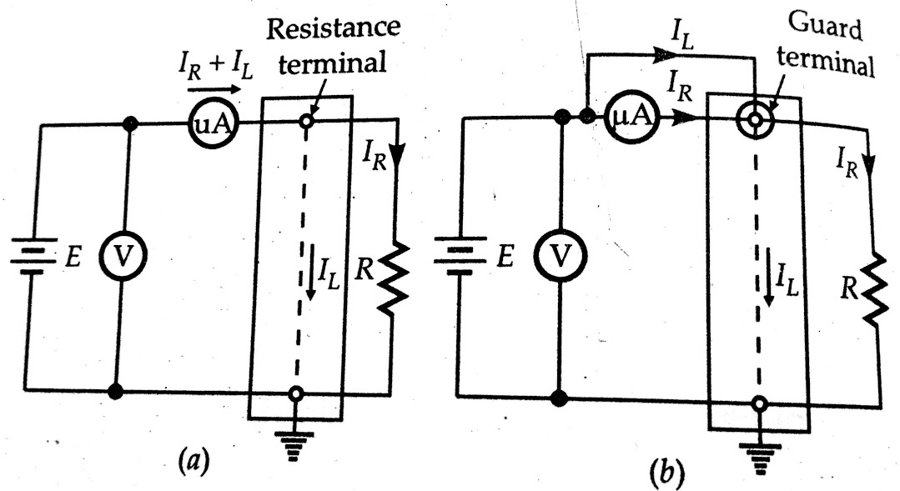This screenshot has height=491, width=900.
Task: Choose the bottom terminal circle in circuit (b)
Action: click(x=757, y=404)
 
